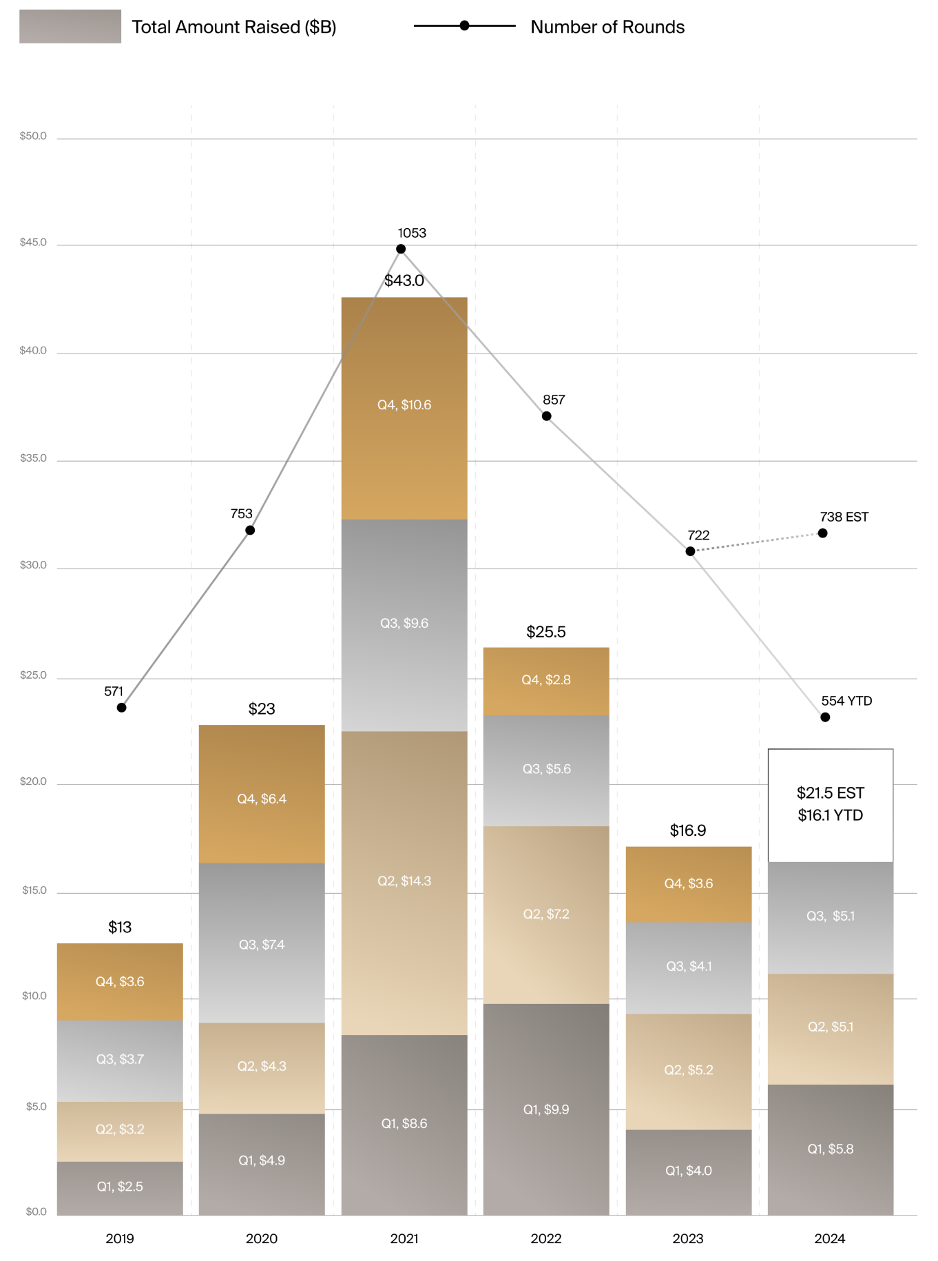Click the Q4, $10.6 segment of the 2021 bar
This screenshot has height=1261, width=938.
pos(404,407)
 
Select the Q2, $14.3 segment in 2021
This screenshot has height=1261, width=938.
pos(404,882)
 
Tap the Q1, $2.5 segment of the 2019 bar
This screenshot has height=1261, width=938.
pos(120,1187)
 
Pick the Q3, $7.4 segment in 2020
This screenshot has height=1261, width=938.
pos(262,944)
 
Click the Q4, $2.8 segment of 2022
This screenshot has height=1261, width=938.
pos(546,681)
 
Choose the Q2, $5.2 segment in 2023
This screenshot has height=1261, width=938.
pos(689,1070)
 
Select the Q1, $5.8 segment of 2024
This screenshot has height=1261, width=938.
pos(831,1149)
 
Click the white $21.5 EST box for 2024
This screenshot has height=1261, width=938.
pos(831,804)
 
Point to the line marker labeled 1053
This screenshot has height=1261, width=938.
pos(401,249)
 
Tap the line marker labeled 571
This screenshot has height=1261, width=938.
pos(122,708)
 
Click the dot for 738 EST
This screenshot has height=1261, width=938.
pos(823,533)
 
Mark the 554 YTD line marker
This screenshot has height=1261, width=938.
pos(825,717)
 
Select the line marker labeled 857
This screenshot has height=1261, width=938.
pos(546,416)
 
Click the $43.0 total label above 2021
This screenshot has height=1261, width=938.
pos(404,281)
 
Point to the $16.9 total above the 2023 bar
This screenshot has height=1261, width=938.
pos(688,831)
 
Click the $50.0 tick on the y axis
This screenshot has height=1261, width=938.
pos(33,136)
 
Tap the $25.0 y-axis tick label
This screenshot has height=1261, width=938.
pos(33,675)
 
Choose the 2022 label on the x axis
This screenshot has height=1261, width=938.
pos(546,1239)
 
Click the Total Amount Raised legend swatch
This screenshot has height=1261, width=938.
pos(70,27)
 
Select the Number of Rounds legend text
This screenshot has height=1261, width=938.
pos(607,28)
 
